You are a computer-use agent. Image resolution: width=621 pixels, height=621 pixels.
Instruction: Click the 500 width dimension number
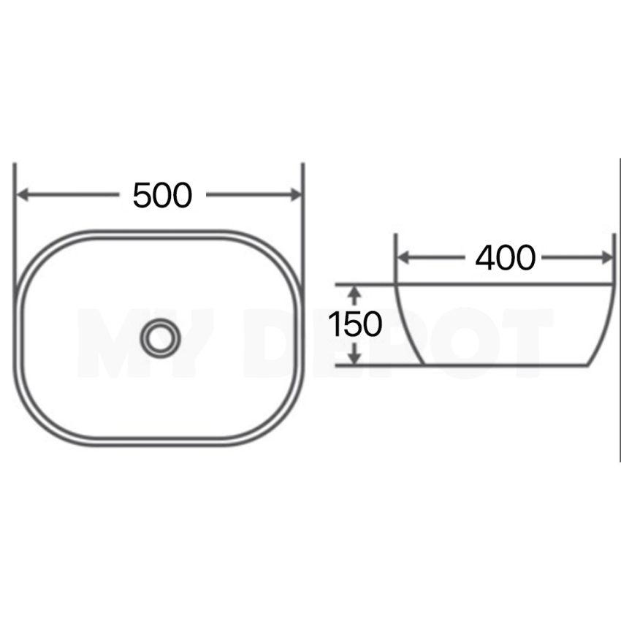pyautogui.click(x=162, y=195)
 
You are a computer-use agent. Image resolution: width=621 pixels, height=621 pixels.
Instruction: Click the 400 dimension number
pyautogui.click(x=505, y=257)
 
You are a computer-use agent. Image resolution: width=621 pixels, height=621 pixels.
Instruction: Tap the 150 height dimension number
pyautogui.click(x=354, y=324)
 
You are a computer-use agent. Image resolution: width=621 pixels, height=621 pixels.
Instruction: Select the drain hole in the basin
pyautogui.click(x=160, y=338)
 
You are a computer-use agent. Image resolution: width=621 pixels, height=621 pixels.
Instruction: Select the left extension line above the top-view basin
pyautogui.click(x=15, y=219)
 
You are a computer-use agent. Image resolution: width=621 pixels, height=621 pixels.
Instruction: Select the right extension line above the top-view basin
pyautogui.click(x=303, y=219)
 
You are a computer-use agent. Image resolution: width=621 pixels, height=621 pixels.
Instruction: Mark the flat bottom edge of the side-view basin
pyautogui.click(x=504, y=365)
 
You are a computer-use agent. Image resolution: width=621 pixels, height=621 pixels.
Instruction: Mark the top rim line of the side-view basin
pyautogui.click(x=504, y=283)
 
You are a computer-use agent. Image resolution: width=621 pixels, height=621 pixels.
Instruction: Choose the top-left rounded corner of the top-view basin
pyautogui.click(x=37, y=253)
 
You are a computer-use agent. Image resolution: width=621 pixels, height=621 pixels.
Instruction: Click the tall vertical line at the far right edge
pyautogui.click(x=619, y=307)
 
